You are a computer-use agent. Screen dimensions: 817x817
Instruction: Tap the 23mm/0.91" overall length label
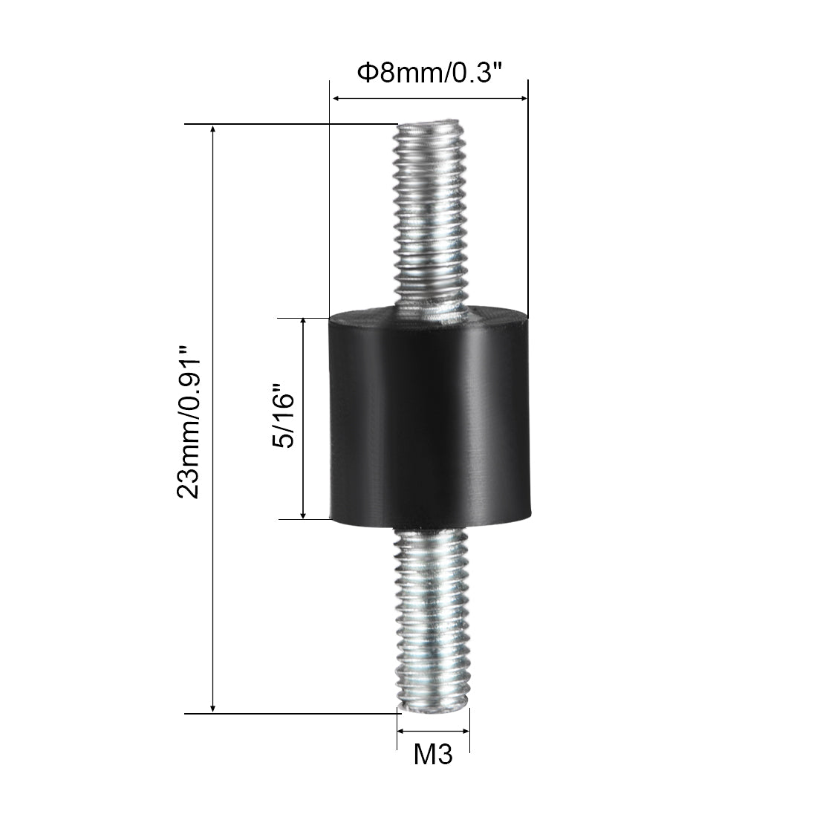(x=189, y=422)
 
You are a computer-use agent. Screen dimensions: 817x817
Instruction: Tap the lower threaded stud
(x=432, y=620)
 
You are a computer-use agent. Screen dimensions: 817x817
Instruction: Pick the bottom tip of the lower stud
(x=434, y=712)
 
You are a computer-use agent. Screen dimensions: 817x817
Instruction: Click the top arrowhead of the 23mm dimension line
(x=212, y=128)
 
